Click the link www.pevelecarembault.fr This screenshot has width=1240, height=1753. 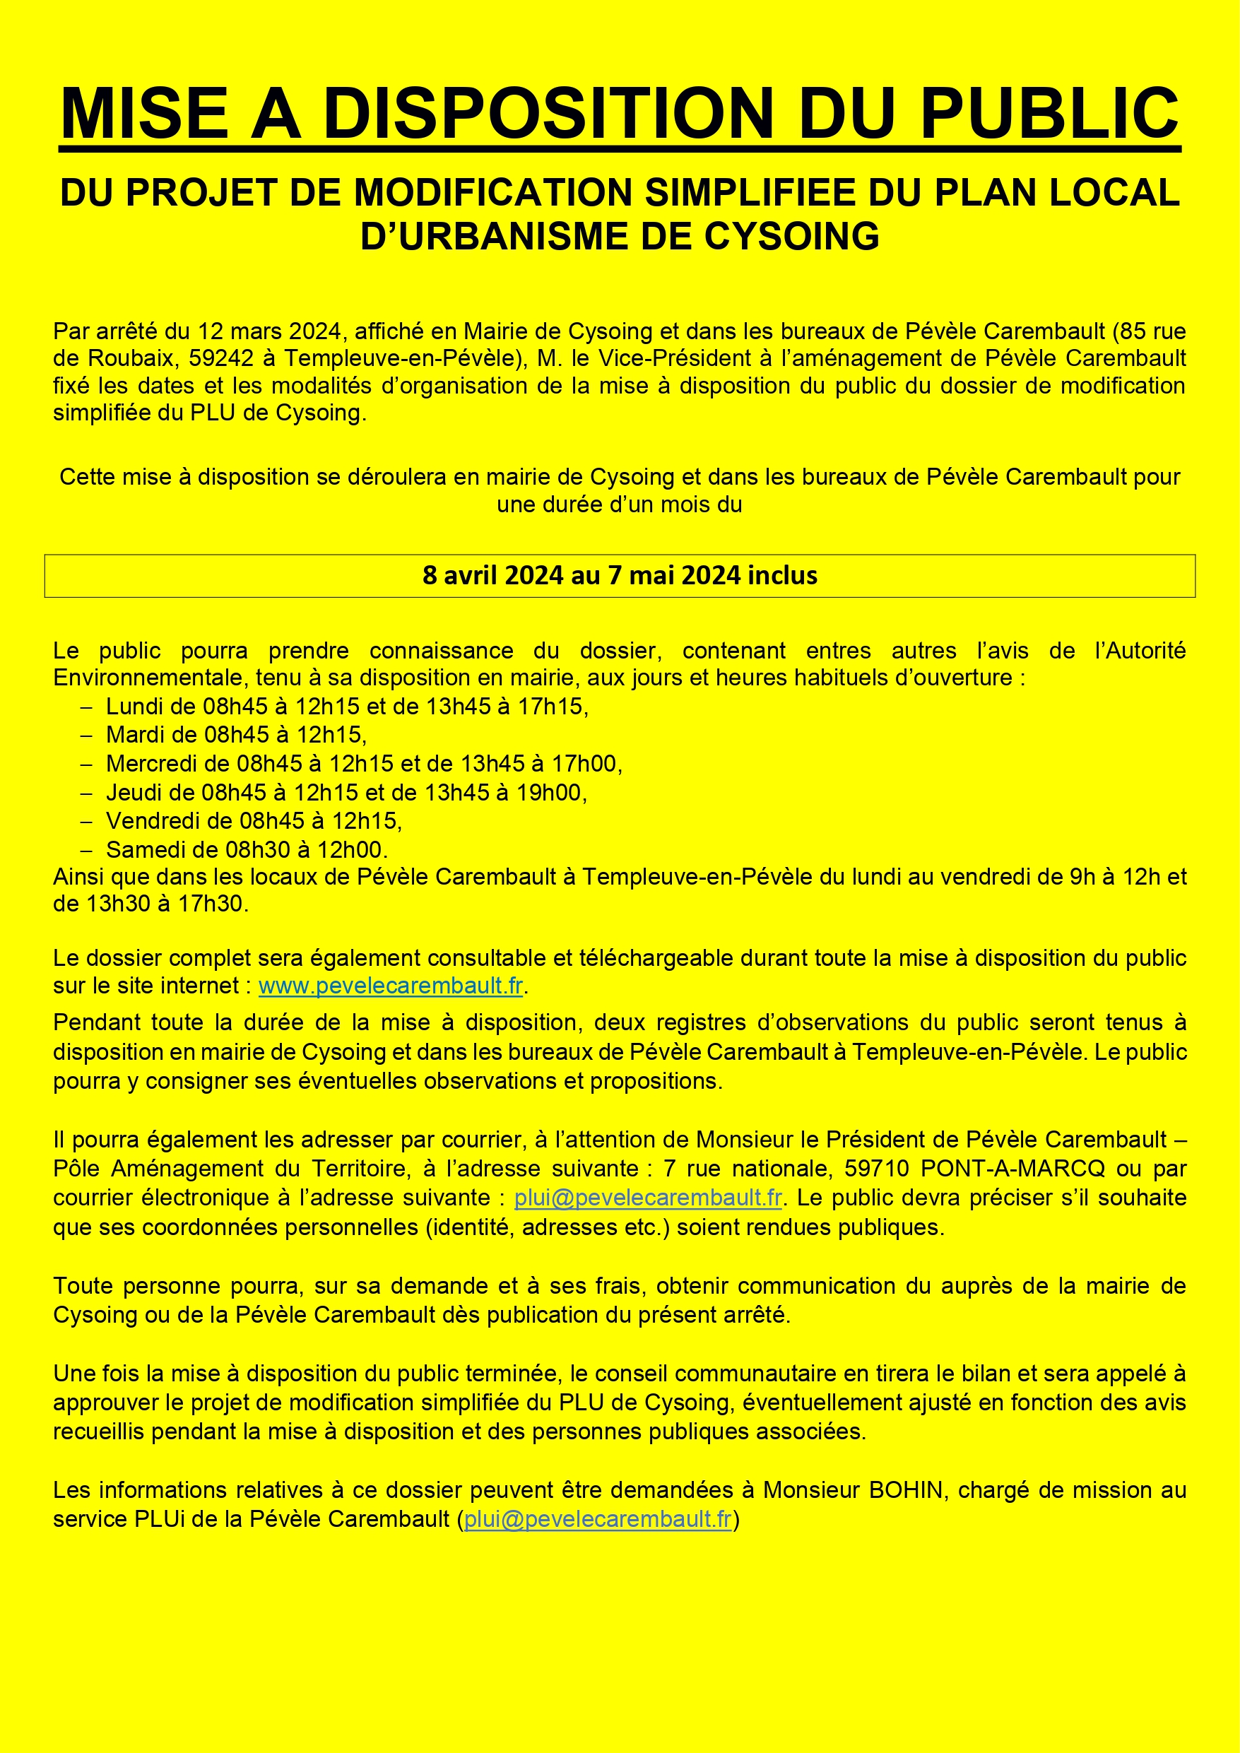point(390,986)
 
